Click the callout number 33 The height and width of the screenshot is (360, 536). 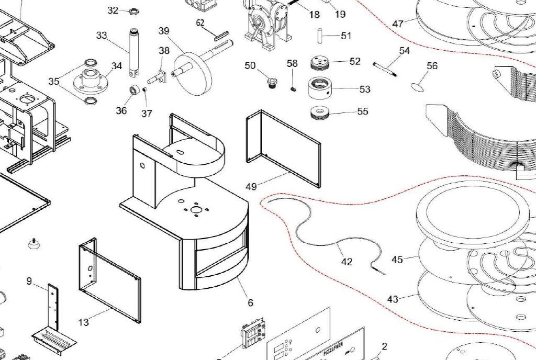point(102,35)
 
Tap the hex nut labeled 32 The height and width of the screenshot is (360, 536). point(133,10)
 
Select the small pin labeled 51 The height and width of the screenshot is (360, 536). point(318,36)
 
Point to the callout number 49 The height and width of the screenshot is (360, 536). point(251,186)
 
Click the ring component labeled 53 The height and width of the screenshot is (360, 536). point(320,88)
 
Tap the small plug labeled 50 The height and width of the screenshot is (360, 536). point(271,83)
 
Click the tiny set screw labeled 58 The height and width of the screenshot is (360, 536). point(294,88)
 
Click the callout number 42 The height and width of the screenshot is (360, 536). point(347,261)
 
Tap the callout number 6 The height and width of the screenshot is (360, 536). point(250,302)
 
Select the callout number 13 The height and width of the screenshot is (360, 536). point(84,322)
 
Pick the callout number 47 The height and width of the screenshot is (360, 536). point(398,24)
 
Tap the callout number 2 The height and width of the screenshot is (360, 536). point(385,346)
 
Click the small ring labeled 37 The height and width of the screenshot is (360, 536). point(145,89)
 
